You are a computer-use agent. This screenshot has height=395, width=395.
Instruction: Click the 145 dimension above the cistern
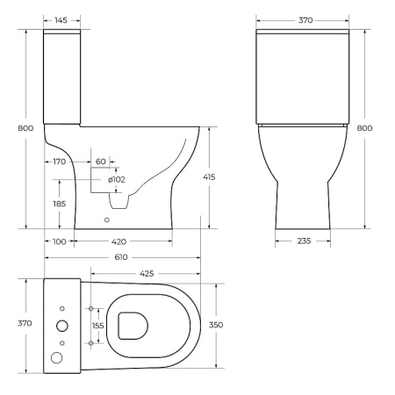click(x=61, y=18)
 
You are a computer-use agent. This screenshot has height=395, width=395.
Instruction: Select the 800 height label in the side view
click(x=25, y=128)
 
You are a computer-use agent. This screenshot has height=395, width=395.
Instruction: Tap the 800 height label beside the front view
click(x=364, y=128)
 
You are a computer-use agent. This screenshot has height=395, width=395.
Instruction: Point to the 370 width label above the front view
click(x=304, y=18)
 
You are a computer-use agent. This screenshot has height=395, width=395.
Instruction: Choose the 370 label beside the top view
click(x=25, y=323)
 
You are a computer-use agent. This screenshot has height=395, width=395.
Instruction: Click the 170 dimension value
click(x=60, y=162)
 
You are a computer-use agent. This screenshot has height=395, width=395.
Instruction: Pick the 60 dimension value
click(x=100, y=162)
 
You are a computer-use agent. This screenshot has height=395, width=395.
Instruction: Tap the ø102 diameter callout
click(x=116, y=179)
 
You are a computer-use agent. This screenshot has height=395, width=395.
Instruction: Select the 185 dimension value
click(x=60, y=203)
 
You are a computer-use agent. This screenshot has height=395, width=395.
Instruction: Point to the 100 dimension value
click(x=59, y=241)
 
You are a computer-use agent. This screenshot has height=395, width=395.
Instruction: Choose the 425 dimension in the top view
click(x=146, y=274)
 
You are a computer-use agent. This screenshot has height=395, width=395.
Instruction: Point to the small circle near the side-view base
click(x=108, y=220)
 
